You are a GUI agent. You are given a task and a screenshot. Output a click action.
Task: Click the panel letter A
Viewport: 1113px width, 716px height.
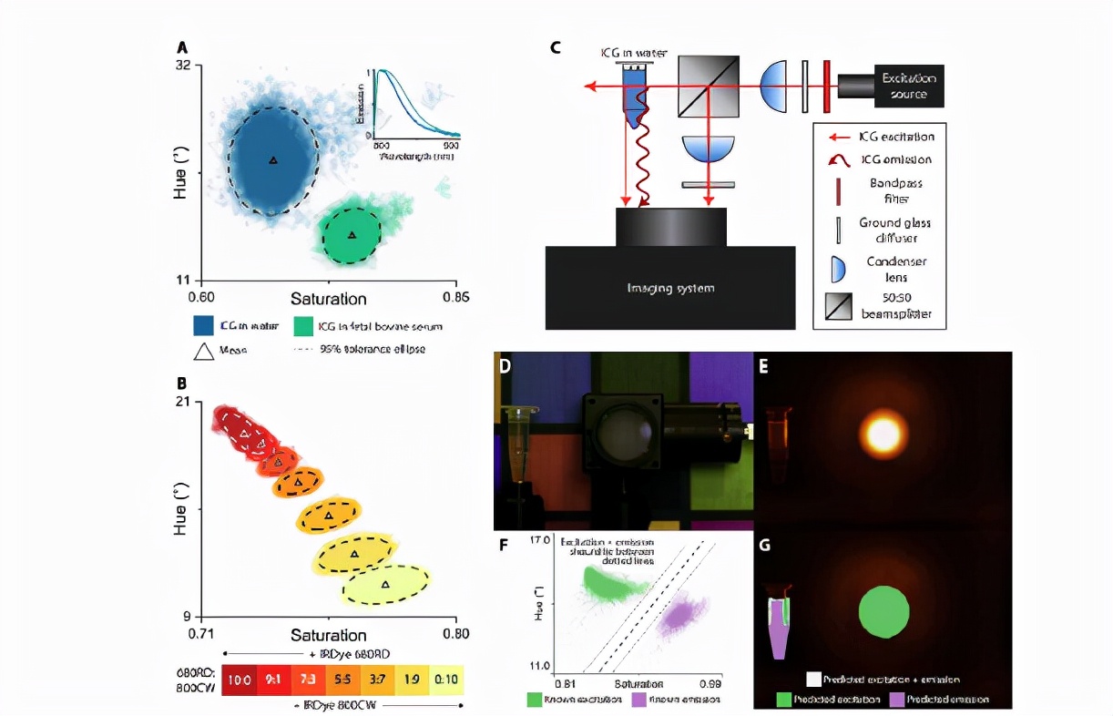pos(183,46)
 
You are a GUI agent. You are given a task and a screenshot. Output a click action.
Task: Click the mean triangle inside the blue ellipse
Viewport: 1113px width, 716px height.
pos(272,160)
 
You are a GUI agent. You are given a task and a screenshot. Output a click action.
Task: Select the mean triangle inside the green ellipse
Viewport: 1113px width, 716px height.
pos(352,235)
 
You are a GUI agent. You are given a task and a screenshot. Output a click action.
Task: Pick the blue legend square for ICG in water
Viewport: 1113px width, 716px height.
pos(203,325)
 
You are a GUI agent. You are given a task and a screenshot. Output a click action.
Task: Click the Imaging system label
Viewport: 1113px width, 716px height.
pos(670,289)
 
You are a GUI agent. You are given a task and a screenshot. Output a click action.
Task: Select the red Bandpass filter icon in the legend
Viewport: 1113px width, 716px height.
pos(834,189)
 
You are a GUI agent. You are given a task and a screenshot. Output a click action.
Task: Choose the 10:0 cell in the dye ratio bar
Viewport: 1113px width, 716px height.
pos(240,679)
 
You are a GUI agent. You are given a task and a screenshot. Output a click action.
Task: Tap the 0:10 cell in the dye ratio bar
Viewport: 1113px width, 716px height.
pos(445,679)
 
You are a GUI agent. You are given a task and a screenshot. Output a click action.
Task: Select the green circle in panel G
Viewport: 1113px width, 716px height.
pos(884,610)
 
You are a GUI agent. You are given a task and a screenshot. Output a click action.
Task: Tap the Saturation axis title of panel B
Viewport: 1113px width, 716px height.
pos(328,634)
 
